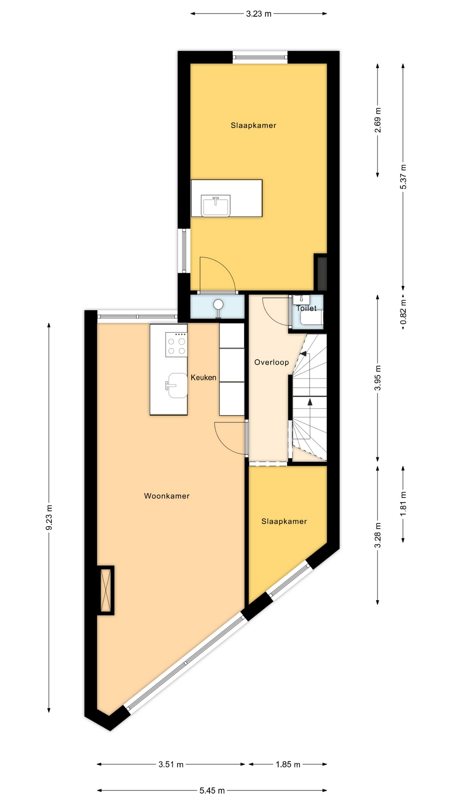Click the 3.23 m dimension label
pos(259,14)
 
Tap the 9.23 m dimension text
pos(49,518)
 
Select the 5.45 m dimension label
pos(212,791)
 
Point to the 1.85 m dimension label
pos(288,764)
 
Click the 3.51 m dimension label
pos(171,764)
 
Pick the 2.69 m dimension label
pos(378,120)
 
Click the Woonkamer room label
pos(167,496)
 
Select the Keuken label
pos(203,377)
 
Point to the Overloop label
pos(272,362)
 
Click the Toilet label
pos(306,308)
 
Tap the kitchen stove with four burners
pos(176,345)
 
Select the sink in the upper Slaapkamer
pos(216,206)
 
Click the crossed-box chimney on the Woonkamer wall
pos(105,590)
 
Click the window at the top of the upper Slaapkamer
pos(260,57)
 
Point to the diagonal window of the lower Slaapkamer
pos(290,580)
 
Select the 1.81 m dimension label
pos(403,505)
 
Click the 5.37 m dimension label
pos(403,176)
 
